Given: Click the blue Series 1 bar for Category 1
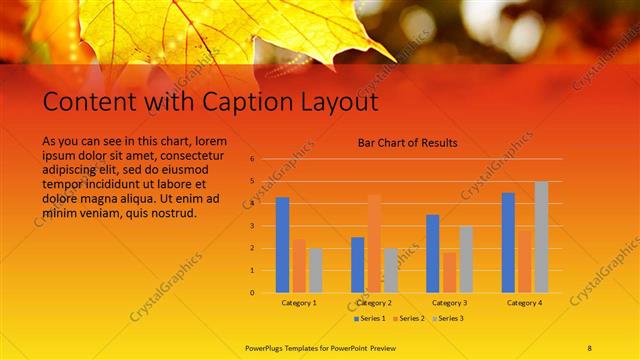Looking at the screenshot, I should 283,245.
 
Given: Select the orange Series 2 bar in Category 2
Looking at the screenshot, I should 374,244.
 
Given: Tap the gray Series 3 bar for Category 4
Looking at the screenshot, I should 541,237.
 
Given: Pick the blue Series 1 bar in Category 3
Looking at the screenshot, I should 433,253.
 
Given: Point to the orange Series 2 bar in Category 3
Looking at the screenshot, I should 449,272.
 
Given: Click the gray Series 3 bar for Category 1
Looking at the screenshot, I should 316,270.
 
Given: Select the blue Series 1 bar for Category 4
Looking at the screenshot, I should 508,242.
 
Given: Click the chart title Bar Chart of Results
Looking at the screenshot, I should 407,143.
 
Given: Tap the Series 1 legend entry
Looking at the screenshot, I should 368,318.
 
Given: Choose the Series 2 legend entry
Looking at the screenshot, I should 409,318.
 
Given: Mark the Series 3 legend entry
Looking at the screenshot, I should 449,318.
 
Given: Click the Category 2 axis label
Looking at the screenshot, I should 374,302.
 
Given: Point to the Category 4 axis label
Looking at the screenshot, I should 524,302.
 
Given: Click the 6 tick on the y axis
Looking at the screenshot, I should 253,159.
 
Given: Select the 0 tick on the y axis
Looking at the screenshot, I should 253,293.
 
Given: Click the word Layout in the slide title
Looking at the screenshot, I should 339,102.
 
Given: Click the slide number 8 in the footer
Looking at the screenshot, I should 590,347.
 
